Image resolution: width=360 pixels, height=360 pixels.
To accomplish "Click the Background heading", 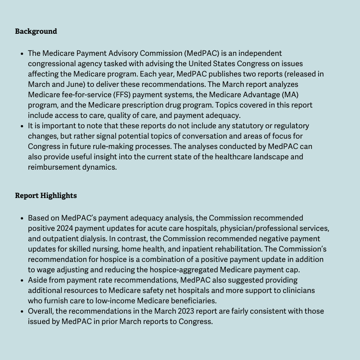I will pyautogui.click(x=36, y=31).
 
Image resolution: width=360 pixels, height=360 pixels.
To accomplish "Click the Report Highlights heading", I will pyautogui.click(x=46, y=196).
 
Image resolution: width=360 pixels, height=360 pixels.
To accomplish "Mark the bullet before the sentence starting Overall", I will pyautogui.click(x=22, y=311).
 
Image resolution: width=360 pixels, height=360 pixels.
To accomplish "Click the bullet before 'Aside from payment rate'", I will pyautogui.click(x=22, y=280).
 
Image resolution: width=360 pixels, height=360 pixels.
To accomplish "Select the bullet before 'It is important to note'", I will pyautogui.click(x=22, y=126).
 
